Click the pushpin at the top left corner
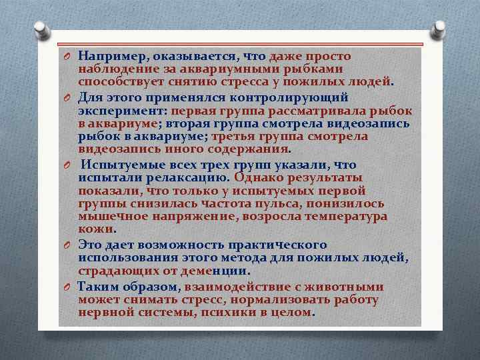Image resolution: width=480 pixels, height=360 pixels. coord(41,29)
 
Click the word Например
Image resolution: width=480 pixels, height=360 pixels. coord(109,57)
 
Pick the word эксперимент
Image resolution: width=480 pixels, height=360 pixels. coord(123,111)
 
